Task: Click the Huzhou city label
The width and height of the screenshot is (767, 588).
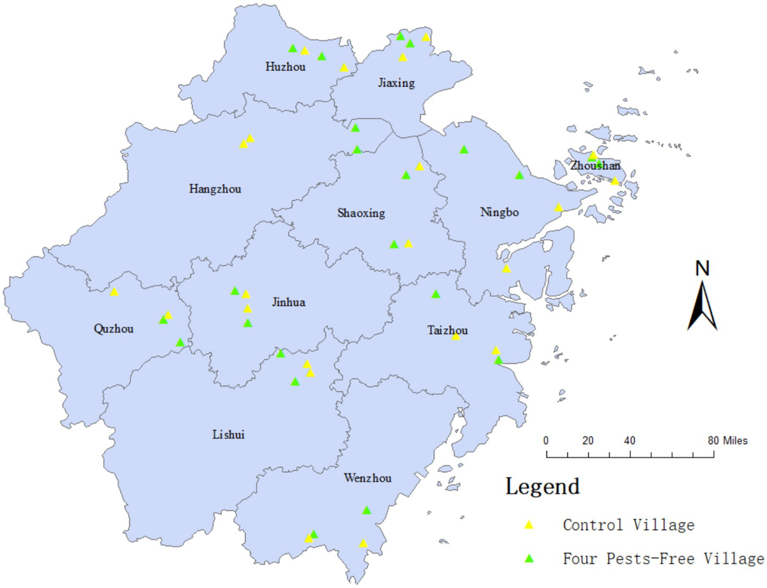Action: pyautogui.click(x=285, y=66)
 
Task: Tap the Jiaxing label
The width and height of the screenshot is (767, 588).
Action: pyautogui.click(x=397, y=83)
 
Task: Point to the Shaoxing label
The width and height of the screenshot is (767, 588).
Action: pyautogui.click(x=361, y=213)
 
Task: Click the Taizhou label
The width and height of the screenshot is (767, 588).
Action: pyautogui.click(x=447, y=330)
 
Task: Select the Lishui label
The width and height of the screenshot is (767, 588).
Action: pyautogui.click(x=228, y=435)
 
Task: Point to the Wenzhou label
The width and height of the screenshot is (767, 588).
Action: pyautogui.click(x=368, y=478)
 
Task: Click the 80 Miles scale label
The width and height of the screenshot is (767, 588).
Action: pyautogui.click(x=727, y=441)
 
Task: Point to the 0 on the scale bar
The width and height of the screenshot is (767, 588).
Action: pyautogui.click(x=546, y=441)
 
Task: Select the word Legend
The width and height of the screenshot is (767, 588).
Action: pyautogui.click(x=543, y=486)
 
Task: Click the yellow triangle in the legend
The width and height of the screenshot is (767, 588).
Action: pyautogui.click(x=529, y=525)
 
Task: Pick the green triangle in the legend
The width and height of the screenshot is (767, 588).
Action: pyautogui.click(x=529, y=559)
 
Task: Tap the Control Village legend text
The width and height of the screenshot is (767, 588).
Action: pyautogui.click(x=628, y=525)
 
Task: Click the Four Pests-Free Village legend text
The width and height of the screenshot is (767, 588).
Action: pyautogui.click(x=663, y=559)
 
